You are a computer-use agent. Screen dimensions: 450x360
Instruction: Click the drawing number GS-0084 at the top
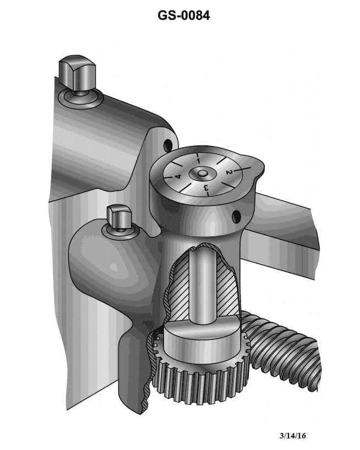click(x=183, y=15)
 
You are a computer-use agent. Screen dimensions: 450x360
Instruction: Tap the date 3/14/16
click(x=292, y=436)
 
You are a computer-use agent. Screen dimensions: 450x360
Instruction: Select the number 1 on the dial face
click(x=197, y=160)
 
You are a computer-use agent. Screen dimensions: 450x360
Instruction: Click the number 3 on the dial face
click(x=206, y=188)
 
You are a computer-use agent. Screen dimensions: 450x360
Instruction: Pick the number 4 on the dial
click(x=178, y=176)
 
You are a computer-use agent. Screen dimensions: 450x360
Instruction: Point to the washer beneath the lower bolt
click(x=121, y=232)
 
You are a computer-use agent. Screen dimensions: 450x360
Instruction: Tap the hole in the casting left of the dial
click(x=167, y=145)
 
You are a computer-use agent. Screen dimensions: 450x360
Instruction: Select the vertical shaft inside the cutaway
click(x=201, y=286)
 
